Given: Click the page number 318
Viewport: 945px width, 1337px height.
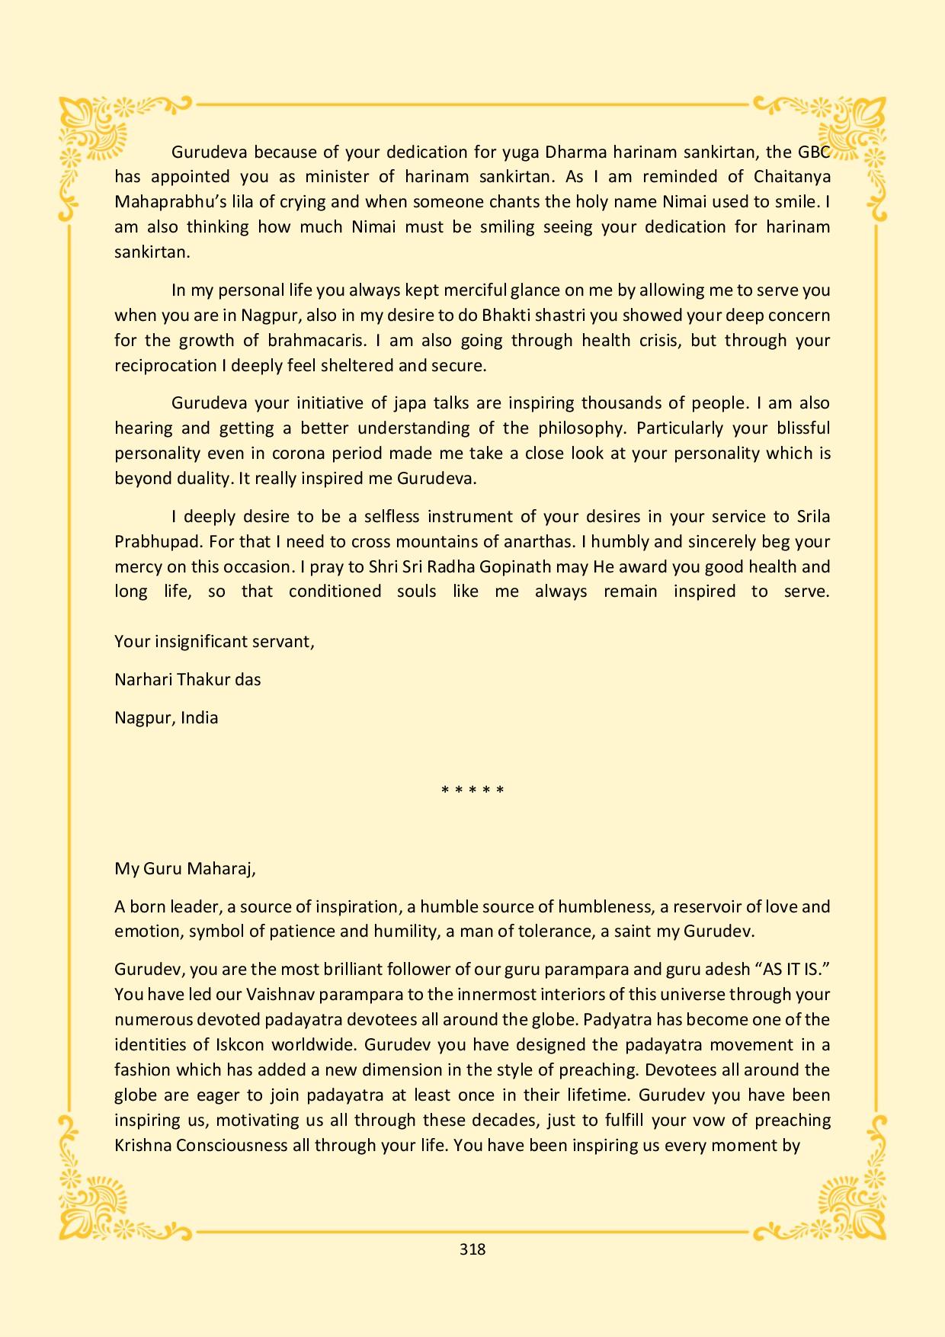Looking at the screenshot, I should pyautogui.click(x=472, y=1249).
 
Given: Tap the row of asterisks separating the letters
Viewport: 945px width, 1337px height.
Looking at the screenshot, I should pyautogui.click(x=472, y=790).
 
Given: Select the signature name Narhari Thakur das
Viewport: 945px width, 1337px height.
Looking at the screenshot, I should pyautogui.click(x=187, y=679).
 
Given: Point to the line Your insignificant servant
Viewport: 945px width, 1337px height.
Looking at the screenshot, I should pyautogui.click(x=214, y=641).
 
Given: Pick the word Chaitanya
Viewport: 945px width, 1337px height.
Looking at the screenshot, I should pyautogui.click(x=792, y=177).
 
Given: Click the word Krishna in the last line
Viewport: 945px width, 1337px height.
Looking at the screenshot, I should pyautogui.click(x=143, y=1145).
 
